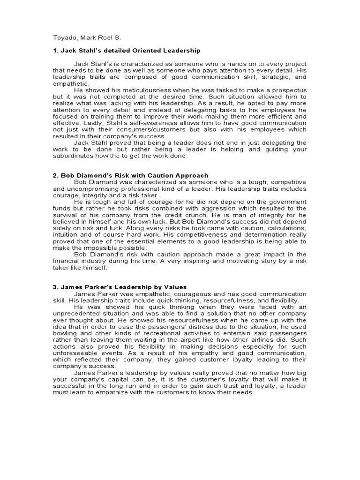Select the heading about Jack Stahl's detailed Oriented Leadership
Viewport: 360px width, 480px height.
click(x=126, y=50)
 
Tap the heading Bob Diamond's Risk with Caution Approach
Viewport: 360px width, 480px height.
click(x=130, y=175)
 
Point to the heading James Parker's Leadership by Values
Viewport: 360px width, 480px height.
click(x=120, y=287)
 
